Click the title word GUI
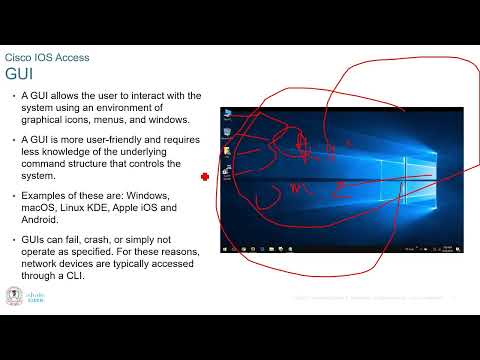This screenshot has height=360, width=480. [19, 74]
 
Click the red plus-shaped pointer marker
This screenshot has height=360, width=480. [204, 176]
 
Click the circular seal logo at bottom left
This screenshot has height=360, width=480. [14, 297]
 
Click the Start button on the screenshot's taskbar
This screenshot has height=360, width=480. [225, 247]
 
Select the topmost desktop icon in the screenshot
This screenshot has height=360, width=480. [229, 111]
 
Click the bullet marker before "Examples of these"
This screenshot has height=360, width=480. [12, 194]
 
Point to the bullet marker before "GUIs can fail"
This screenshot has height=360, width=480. [12, 241]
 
